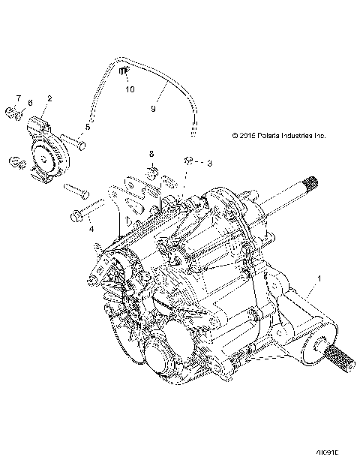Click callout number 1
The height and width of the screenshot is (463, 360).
322,278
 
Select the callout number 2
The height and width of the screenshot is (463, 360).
49,98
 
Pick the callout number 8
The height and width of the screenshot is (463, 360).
151,154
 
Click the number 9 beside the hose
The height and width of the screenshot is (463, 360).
153,109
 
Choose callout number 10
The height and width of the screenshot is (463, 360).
130,89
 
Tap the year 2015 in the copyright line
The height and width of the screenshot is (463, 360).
244,136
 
